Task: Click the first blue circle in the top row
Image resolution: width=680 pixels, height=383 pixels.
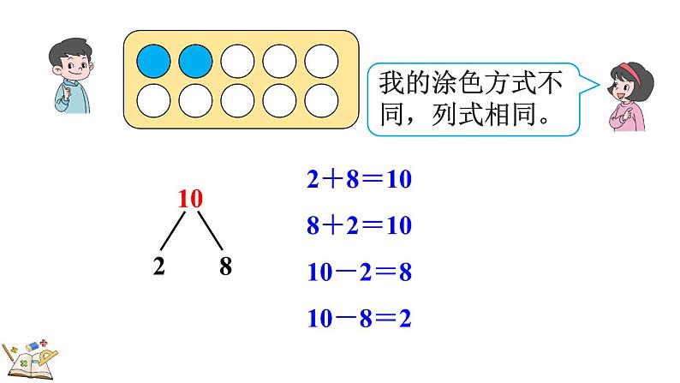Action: [x=155, y=61]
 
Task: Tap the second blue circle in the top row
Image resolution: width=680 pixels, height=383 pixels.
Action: [x=196, y=61]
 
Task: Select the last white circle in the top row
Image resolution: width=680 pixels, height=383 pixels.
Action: [x=321, y=61]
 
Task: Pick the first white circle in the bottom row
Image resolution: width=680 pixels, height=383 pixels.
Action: [x=155, y=100]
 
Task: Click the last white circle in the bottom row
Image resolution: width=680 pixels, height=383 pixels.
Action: [x=321, y=100]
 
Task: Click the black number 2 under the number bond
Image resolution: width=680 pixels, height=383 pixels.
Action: [x=158, y=266]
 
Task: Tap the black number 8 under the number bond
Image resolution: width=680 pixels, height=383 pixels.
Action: [x=225, y=266]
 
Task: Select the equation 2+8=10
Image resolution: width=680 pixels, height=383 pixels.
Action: [x=359, y=181]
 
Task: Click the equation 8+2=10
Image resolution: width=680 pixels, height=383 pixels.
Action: [x=359, y=226]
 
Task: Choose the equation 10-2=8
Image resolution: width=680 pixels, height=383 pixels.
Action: [x=359, y=272]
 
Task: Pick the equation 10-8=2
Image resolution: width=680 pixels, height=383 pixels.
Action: [x=359, y=319]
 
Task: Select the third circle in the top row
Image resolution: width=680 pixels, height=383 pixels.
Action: [x=238, y=61]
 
